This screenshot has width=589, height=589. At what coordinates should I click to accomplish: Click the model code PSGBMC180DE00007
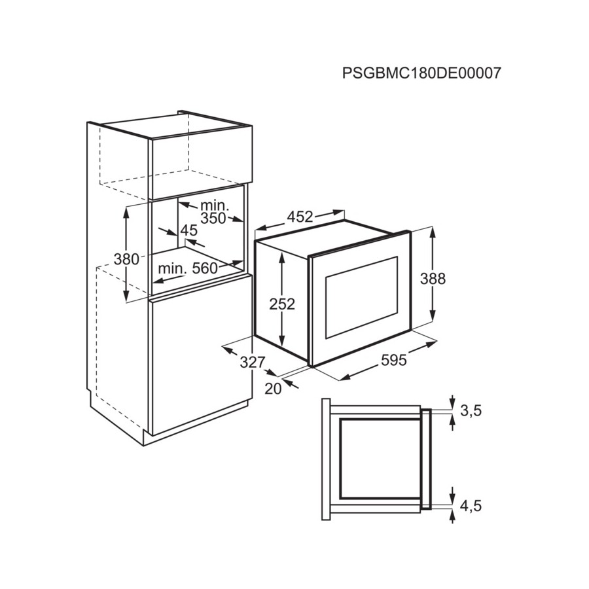(x=421, y=73)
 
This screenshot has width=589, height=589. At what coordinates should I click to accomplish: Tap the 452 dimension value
(x=300, y=217)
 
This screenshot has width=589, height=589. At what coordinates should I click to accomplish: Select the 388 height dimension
(x=433, y=279)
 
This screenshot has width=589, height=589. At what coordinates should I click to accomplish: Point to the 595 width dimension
(x=394, y=361)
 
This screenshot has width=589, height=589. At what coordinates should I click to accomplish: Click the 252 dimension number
(x=282, y=304)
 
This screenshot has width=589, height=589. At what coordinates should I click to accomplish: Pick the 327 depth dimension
(x=253, y=363)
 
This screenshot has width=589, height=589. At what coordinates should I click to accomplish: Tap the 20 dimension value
(x=273, y=389)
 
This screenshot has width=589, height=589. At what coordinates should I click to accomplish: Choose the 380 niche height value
(x=126, y=259)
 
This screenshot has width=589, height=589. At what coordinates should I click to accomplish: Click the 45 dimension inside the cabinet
(x=189, y=230)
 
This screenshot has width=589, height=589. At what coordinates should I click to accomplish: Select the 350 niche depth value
(x=213, y=218)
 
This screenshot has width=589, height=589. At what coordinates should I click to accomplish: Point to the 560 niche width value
(x=205, y=268)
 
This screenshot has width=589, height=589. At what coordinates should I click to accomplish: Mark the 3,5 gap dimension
(x=471, y=412)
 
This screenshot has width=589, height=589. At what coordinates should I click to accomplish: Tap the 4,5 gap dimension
(x=471, y=507)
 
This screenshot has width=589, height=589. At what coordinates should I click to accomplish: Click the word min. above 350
(x=215, y=205)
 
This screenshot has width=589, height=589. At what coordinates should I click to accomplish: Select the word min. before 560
(x=172, y=268)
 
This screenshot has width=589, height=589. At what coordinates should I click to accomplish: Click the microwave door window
(x=361, y=297)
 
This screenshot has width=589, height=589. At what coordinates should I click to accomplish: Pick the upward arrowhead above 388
(x=433, y=233)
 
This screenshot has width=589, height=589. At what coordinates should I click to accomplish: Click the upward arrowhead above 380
(x=126, y=211)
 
